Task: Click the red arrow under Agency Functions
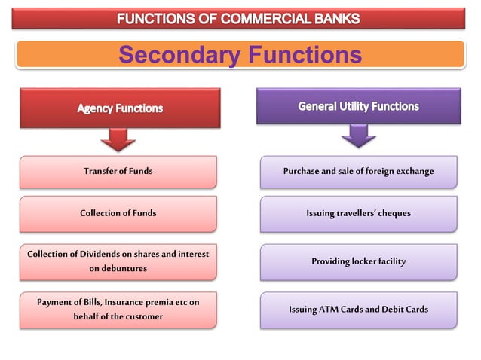(118, 139)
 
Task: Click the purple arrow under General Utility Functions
(358, 136)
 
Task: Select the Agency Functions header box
(120, 108)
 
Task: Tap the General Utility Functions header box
(358, 106)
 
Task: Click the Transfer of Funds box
(118, 171)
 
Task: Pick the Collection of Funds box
(118, 213)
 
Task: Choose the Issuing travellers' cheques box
(358, 213)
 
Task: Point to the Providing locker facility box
(358, 261)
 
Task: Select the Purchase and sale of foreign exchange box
(358, 171)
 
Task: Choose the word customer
(142, 316)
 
